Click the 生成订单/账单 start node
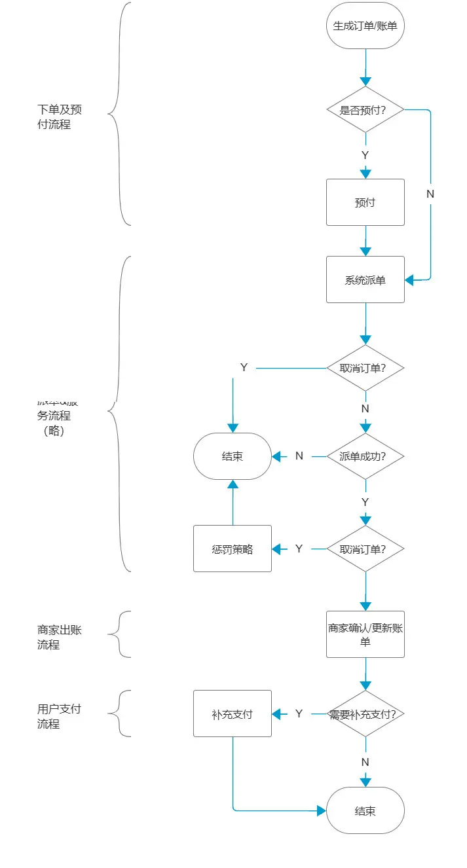click(365, 26)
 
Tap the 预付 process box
click(365, 202)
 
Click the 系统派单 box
click(365, 280)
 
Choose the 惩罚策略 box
click(232, 549)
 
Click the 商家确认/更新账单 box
click(365, 634)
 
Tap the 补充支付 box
click(232, 714)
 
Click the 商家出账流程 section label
click(60, 637)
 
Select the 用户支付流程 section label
click(60, 716)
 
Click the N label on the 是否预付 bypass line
click(430, 194)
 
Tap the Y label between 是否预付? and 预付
click(365, 155)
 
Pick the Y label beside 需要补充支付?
click(299, 714)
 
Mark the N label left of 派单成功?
click(299, 456)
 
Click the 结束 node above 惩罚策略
click(232, 456)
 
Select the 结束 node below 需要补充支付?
click(365, 810)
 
